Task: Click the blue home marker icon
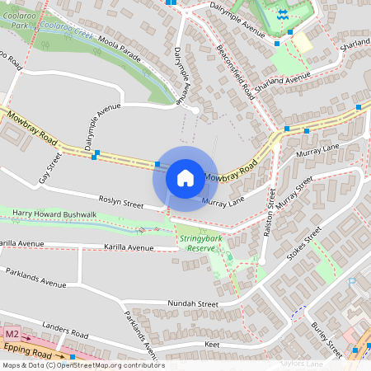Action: coord(185,177)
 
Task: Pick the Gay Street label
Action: coord(50,167)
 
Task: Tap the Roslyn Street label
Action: coord(121,204)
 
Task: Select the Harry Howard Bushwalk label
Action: coord(55,214)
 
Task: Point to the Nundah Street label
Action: coord(192,303)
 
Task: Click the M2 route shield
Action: coord(12,334)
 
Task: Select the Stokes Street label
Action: coord(302,247)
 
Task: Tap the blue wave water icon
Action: coord(282,14)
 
